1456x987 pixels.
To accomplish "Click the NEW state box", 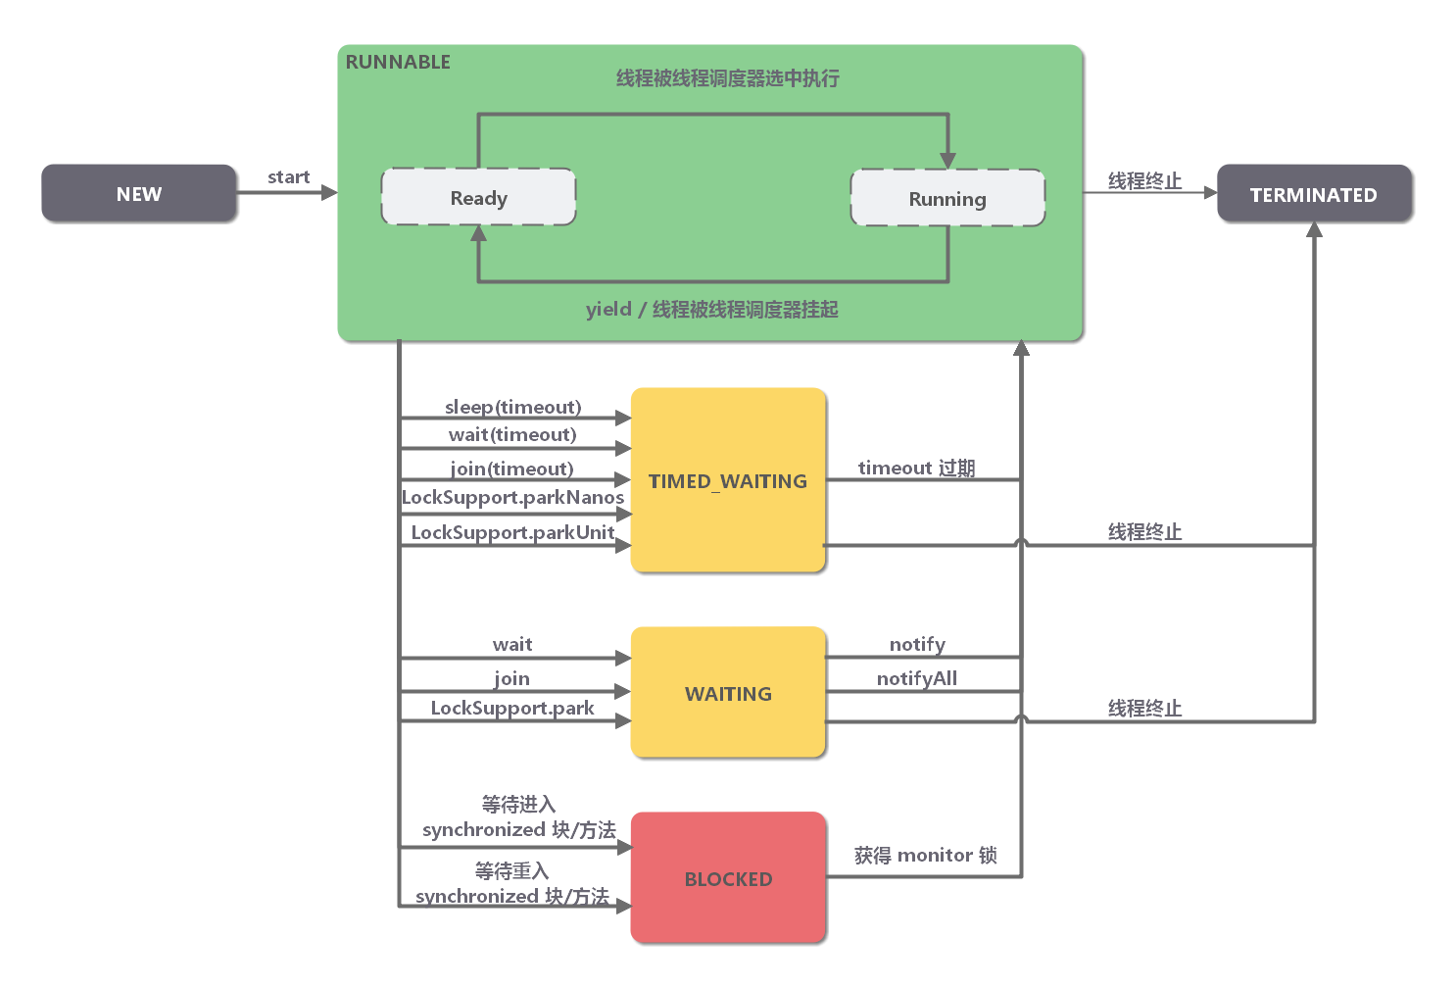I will click(139, 193).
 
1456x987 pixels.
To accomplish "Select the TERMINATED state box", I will click(1313, 194).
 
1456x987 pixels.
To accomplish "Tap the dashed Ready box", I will click(478, 197).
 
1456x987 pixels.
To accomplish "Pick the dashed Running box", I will click(947, 198).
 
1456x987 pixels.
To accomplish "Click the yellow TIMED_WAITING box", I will click(728, 480).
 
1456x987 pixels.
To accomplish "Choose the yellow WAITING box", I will click(728, 693).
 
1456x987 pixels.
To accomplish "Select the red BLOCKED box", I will click(728, 878).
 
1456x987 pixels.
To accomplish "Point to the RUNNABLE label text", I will click(398, 62).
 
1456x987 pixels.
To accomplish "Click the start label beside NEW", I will click(288, 176).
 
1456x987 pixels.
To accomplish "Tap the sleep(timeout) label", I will click(512, 406).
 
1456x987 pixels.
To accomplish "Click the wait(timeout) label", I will click(512, 434).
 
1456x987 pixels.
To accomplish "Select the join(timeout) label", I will click(512, 468).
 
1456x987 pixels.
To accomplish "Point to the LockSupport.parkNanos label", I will click(512, 497).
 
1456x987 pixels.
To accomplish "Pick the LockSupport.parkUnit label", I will click(512, 531).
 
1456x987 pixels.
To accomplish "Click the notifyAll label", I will click(916, 678).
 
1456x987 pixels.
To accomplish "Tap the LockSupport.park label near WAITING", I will click(512, 708).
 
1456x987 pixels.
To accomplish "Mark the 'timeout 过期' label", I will click(916, 468).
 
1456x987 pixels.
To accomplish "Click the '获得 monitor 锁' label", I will click(925, 855).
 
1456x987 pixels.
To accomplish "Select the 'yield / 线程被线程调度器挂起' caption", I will click(711, 309).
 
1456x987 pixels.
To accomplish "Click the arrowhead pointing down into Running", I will click(947, 160).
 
